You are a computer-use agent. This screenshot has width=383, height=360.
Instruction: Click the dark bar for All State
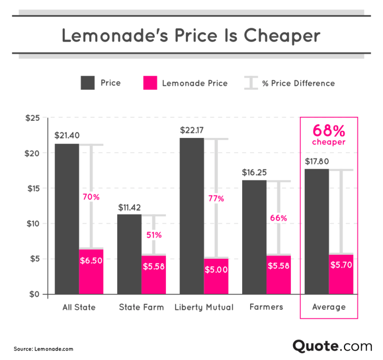click(67, 219)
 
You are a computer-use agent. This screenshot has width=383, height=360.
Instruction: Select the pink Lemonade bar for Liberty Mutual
click(216, 276)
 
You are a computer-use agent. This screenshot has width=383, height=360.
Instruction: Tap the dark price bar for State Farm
click(129, 254)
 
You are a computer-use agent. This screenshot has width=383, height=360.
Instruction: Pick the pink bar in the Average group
click(341, 274)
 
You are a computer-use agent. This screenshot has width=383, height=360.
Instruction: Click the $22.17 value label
click(193, 130)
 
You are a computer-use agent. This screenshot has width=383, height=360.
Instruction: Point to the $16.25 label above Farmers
click(254, 172)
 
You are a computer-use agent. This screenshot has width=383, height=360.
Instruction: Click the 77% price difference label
click(216, 198)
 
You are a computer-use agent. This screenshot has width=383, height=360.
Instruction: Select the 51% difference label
click(154, 235)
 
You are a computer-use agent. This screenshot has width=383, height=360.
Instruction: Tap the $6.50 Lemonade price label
click(91, 261)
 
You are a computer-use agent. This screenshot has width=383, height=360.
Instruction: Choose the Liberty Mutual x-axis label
click(204, 307)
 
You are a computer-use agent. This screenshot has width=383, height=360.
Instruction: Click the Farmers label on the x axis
click(266, 306)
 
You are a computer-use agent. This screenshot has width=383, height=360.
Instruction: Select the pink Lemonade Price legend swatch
click(150, 83)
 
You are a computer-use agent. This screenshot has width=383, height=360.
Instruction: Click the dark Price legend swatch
click(88, 83)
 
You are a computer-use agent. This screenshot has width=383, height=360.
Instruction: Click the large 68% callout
click(329, 131)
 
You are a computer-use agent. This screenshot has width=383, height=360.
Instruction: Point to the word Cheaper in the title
click(283, 36)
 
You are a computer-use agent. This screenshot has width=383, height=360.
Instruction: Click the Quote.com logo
click(332, 346)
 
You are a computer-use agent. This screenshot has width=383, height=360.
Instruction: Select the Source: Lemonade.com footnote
click(44, 348)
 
